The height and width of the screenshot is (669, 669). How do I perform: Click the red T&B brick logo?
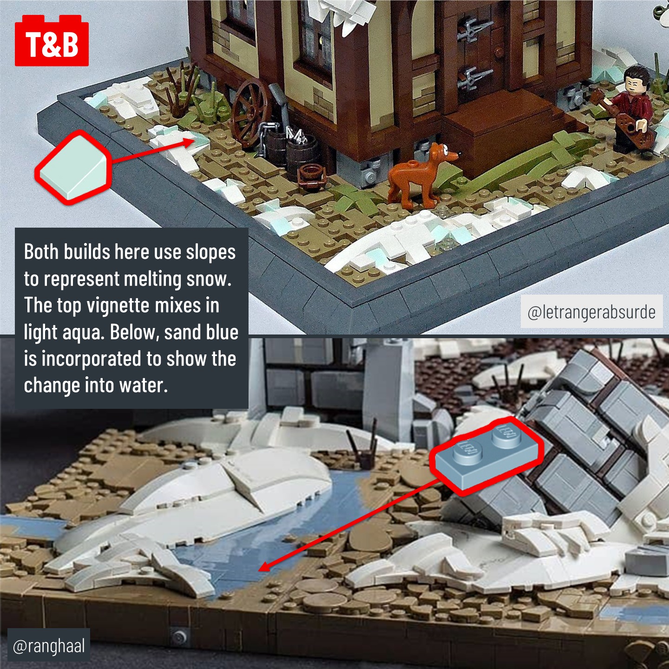[x=52, y=40]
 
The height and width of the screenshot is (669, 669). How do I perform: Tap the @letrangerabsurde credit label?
[x=591, y=311]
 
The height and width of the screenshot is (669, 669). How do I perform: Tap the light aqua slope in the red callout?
[x=73, y=167]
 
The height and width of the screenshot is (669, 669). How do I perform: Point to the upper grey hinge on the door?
[x=474, y=29]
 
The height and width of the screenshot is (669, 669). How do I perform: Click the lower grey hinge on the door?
[x=474, y=78]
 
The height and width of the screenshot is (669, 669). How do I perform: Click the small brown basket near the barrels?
[x=311, y=175]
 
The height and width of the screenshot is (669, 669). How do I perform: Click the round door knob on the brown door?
[x=499, y=52]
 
